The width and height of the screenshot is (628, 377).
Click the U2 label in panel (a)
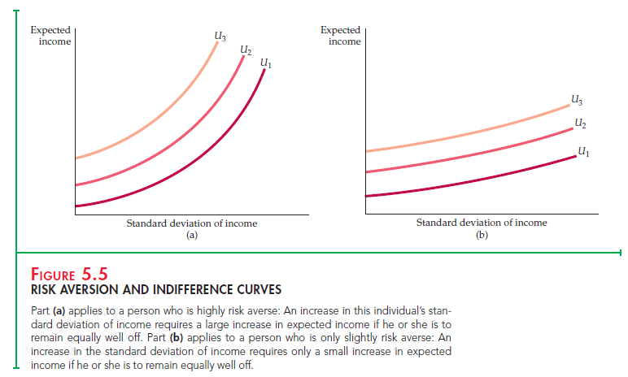pos(245,50)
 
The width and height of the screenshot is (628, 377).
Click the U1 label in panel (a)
pos(265,63)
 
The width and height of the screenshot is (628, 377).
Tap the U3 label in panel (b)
pos(576,101)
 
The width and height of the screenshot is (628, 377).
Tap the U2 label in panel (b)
pos(578,123)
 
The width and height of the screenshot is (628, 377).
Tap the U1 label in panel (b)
pos(582,150)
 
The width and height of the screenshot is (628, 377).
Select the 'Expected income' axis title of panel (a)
pos(50,36)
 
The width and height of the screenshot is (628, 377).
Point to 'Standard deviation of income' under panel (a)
pos(192,223)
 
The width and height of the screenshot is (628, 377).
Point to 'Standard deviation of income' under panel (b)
pos(482,223)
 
